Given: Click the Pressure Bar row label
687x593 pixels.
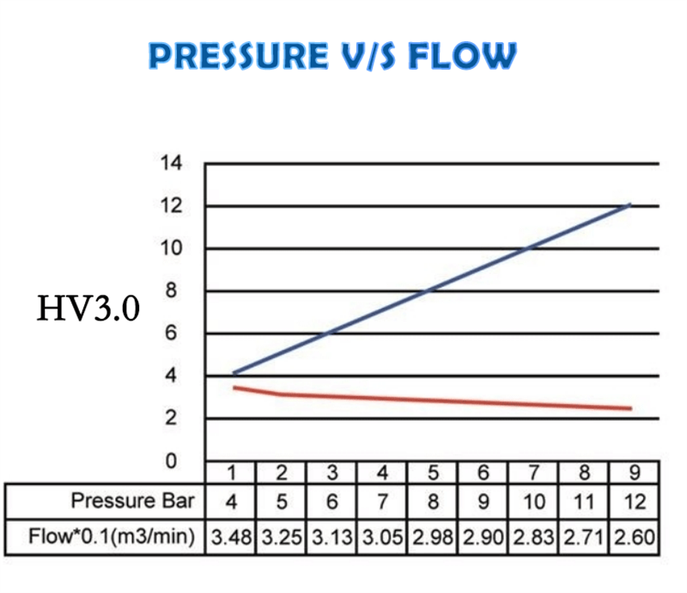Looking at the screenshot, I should tap(132, 500).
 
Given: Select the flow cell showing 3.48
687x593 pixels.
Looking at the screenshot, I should tap(231, 537).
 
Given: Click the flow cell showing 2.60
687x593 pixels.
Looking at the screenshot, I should tap(634, 537).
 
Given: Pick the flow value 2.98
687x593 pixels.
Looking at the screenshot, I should tap(432, 537).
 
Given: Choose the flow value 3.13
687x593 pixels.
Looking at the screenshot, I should tap(331, 537).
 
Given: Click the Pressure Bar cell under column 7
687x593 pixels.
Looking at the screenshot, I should tap(533, 500).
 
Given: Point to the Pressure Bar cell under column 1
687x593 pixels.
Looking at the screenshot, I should tap(231, 500).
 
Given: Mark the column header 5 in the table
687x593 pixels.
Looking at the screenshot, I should tap(433, 471).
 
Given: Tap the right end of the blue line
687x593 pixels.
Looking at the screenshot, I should tap(630, 205).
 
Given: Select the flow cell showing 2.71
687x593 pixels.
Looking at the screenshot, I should tap(583, 537).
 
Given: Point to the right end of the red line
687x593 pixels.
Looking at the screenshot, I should tap(631, 408).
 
